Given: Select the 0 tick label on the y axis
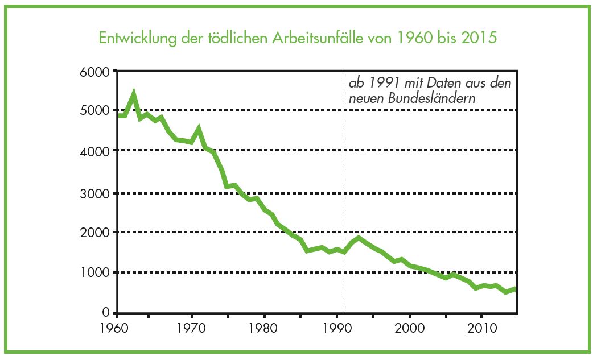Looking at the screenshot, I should tap(107, 313).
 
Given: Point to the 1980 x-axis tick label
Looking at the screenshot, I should tap(262, 328).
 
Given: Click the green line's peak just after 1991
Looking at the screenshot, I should tap(359, 237).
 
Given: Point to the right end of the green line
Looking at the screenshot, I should tap(516, 288).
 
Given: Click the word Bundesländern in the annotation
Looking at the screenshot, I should tap(433, 98).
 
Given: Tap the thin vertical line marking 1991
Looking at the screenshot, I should tap(343, 171).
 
